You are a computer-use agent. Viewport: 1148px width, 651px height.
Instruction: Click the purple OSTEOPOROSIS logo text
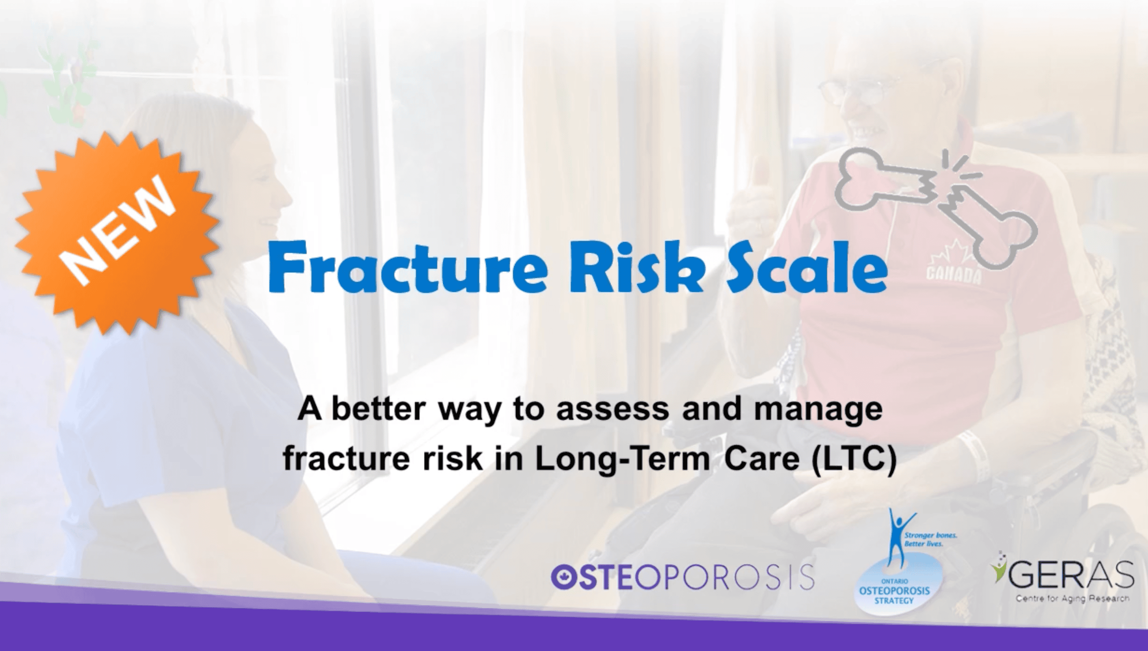683,576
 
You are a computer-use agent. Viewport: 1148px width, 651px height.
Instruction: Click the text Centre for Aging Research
1072,599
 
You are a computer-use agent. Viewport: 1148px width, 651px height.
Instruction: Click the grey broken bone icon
935,201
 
